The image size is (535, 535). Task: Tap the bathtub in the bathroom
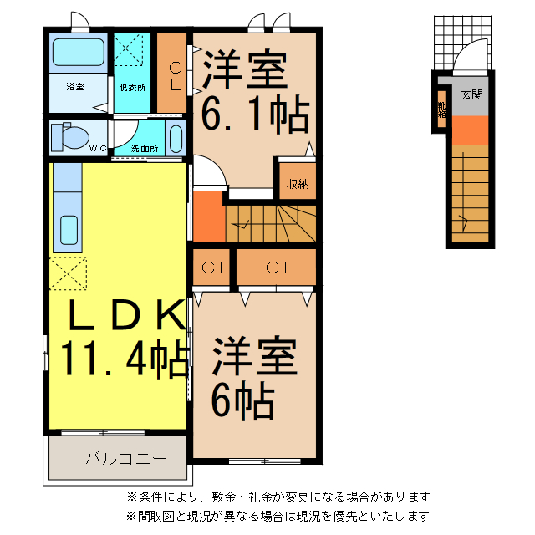click(78, 53)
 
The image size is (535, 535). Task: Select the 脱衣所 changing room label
click(131, 86)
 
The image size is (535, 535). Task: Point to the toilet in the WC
click(65, 135)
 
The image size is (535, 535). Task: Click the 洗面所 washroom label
click(144, 149)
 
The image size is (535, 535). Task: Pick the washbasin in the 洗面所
click(176, 136)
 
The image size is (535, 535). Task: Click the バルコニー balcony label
click(115, 458)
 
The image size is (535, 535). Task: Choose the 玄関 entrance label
click(471, 94)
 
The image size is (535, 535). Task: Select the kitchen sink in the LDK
click(69, 228)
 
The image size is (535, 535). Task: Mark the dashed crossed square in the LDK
click(68, 273)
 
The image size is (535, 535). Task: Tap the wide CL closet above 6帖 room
click(279, 267)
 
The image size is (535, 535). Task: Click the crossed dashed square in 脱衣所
click(131, 49)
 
